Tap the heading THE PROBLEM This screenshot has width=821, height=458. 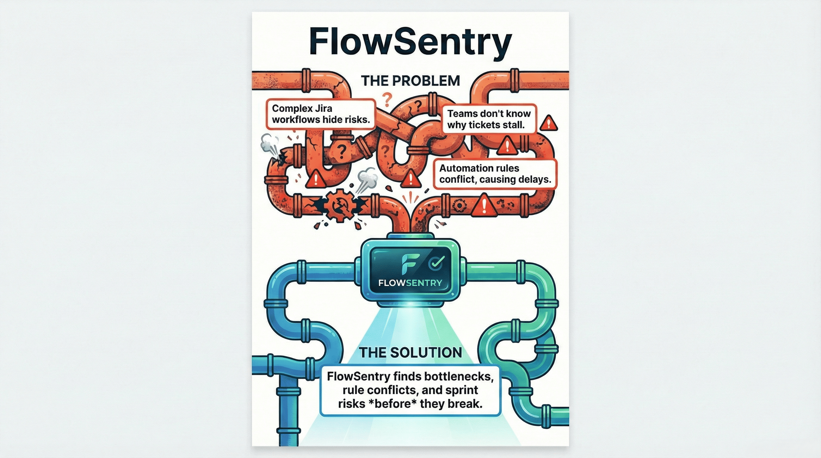pyautogui.click(x=410, y=81)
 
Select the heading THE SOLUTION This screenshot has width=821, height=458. pyautogui.click(x=410, y=352)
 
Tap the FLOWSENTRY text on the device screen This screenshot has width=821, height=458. pyautogui.click(x=410, y=282)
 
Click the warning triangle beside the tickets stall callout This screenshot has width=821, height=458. pyautogui.click(x=549, y=123)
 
